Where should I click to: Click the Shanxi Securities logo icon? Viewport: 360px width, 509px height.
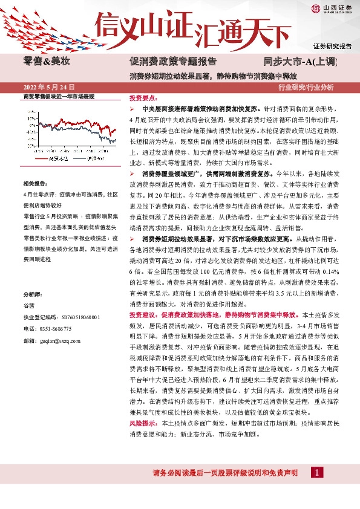(x=316, y=8)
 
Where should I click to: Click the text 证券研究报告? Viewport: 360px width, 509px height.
(x=332, y=46)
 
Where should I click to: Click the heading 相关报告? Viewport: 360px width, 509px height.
(x=36, y=183)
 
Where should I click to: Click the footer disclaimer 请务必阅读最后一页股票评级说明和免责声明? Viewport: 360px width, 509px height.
(x=217, y=472)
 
